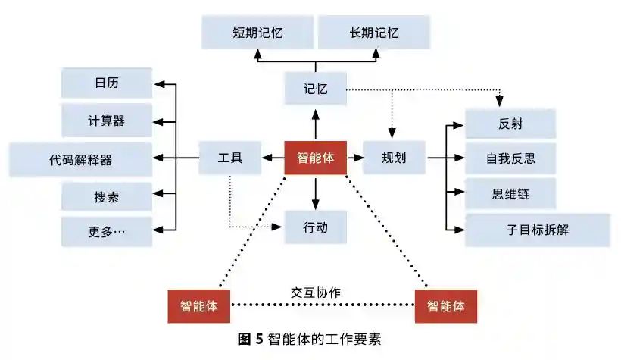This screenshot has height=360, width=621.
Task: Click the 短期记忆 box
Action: (x=257, y=33)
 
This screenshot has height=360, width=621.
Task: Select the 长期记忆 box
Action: (x=374, y=33)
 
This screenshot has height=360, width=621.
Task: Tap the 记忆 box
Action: (x=316, y=88)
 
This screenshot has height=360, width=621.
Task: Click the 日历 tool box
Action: (x=107, y=83)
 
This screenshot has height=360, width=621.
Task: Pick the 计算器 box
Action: (x=107, y=121)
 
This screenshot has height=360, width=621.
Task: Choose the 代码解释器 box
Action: (x=81, y=159)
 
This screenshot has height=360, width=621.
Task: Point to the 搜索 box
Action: (x=107, y=197)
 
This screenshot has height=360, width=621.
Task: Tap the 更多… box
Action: (x=107, y=231)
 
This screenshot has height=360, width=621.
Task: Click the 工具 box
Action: (x=230, y=158)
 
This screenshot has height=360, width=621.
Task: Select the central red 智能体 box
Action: (x=315, y=158)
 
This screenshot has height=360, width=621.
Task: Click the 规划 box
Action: (x=395, y=158)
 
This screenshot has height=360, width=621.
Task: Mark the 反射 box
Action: (x=510, y=124)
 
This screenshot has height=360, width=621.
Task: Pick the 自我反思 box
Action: (x=510, y=158)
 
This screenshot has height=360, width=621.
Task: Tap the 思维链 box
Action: (x=510, y=193)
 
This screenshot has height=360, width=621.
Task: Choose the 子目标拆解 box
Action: (x=537, y=230)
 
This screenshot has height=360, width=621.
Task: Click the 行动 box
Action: (x=316, y=227)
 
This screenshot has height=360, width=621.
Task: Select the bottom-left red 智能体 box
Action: (x=198, y=306)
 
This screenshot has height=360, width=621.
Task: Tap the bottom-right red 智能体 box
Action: (x=445, y=306)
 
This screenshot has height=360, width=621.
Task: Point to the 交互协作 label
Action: (x=316, y=292)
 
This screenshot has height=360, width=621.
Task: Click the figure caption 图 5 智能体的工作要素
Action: (x=310, y=339)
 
